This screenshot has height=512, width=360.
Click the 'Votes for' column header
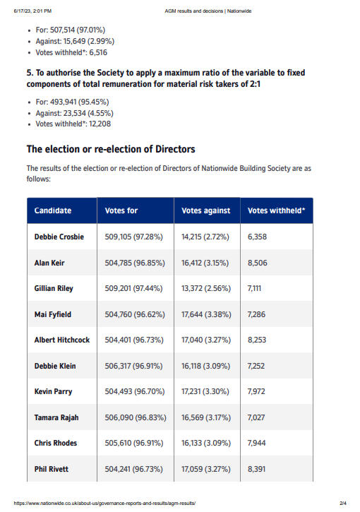pyautogui.click(x=121, y=210)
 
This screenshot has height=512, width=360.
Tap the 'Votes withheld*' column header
pyautogui.click(x=277, y=210)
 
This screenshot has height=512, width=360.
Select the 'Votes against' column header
pyautogui.click(x=206, y=210)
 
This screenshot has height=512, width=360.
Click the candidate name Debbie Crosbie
pyautogui.click(x=59, y=237)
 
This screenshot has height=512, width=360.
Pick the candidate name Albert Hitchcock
pyautogui.click(x=62, y=340)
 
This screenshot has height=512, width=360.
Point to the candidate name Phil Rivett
pyautogui.click(x=52, y=469)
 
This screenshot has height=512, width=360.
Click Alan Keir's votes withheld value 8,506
pyautogui.click(x=257, y=263)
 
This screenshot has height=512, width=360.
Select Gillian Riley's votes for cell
pyautogui.click(x=133, y=288)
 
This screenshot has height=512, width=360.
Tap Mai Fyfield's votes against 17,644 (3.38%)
pyautogui.click(x=206, y=314)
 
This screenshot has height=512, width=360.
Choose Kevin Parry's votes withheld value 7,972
pyautogui.click(x=256, y=391)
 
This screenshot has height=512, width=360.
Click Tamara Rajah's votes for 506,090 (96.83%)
pyautogui.click(x=136, y=417)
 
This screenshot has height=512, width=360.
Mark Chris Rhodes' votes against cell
pyautogui.click(x=206, y=443)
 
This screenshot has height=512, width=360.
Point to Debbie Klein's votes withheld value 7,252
pyautogui.click(x=256, y=366)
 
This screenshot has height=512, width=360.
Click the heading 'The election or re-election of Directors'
pyautogui.click(x=111, y=149)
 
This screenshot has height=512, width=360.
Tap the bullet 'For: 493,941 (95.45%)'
pyautogui.click(x=72, y=102)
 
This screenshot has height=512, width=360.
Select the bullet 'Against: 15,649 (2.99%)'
pyautogui.click(x=75, y=42)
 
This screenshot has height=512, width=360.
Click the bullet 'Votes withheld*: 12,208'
pyautogui.click(x=73, y=124)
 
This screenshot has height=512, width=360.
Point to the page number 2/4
pyautogui.click(x=342, y=504)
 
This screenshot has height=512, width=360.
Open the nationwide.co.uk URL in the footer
pyautogui.click(x=104, y=504)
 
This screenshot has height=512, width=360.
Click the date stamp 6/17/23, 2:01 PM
pyautogui.click(x=32, y=11)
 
